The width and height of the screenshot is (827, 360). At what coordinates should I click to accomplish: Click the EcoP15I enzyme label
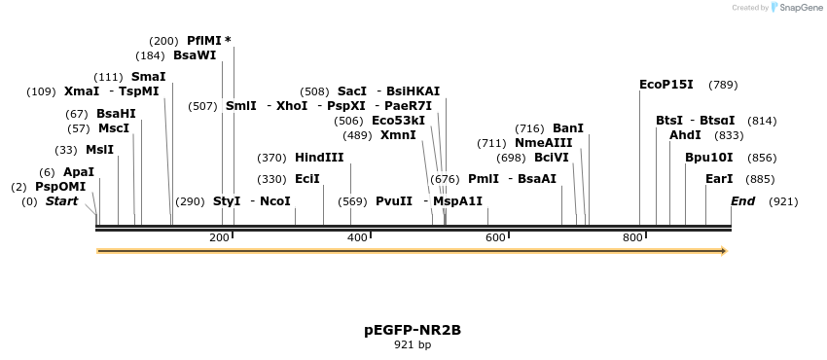(666, 85)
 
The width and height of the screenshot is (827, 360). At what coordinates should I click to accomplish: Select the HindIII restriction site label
(319, 158)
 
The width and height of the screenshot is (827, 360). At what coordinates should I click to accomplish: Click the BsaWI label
(195, 55)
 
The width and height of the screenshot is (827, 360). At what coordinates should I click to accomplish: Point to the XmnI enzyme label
(398, 135)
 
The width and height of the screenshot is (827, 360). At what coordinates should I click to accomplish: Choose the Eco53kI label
(398, 121)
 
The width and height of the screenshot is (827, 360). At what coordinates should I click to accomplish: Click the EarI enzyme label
(719, 179)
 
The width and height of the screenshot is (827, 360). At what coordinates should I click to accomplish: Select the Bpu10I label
(708, 158)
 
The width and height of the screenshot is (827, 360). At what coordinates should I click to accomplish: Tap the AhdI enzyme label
(685, 135)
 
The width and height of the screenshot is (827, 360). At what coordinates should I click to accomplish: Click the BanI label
(568, 128)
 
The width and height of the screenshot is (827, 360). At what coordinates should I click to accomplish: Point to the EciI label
(307, 179)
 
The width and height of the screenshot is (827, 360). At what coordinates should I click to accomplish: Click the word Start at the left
(61, 201)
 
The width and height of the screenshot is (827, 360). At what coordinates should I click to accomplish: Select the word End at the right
(743, 201)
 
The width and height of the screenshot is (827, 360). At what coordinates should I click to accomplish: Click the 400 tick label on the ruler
(357, 237)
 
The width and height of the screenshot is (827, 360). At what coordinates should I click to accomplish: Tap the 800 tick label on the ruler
(632, 237)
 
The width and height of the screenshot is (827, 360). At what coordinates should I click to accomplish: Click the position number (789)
(723, 85)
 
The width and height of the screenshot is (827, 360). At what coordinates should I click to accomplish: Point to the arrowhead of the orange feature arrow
(723, 251)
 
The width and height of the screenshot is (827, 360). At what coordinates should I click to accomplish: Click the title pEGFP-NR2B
(413, 330)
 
